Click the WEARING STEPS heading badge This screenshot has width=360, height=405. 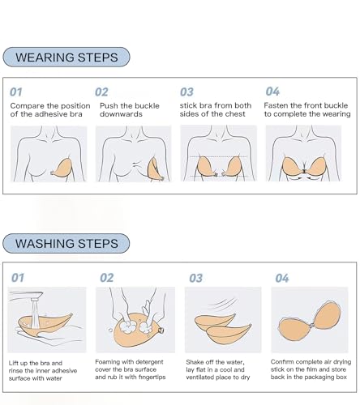pos(66,58)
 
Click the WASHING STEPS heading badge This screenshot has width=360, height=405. pos(66,243)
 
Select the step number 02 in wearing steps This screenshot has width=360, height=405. pos(102,92)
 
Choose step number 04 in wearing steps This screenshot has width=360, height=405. pos(272,92)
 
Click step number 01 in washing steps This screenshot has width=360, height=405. pos(17,278)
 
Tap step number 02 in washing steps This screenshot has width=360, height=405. pos(107,278)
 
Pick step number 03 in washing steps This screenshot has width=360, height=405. pos(195,278)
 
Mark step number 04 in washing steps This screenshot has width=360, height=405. pos(281,278)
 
